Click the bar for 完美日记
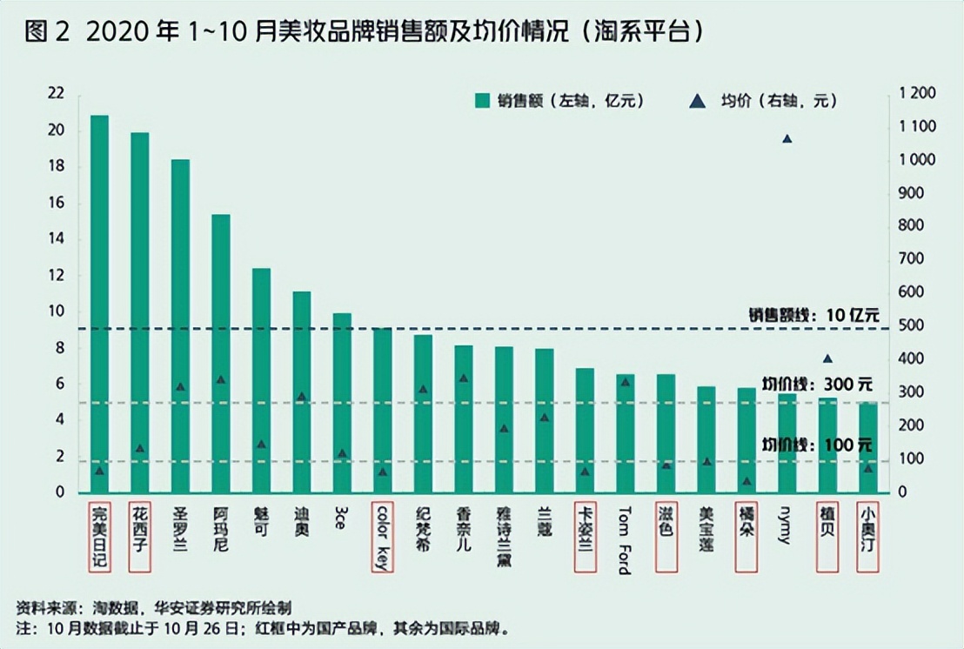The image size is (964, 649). [x=99, y=304]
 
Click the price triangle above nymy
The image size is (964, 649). [x=787, y=139]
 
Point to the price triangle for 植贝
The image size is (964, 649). [x=827, y=358]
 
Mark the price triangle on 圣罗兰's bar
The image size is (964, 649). [x=180, y=386]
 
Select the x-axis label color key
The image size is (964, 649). [x=382, y=536]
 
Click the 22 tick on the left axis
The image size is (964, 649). [x=57, y=93]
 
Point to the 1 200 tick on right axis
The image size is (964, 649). [x=916, y=93]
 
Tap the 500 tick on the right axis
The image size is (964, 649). [x=910, y=325]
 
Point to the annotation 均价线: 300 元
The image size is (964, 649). [x=816, y=384]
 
